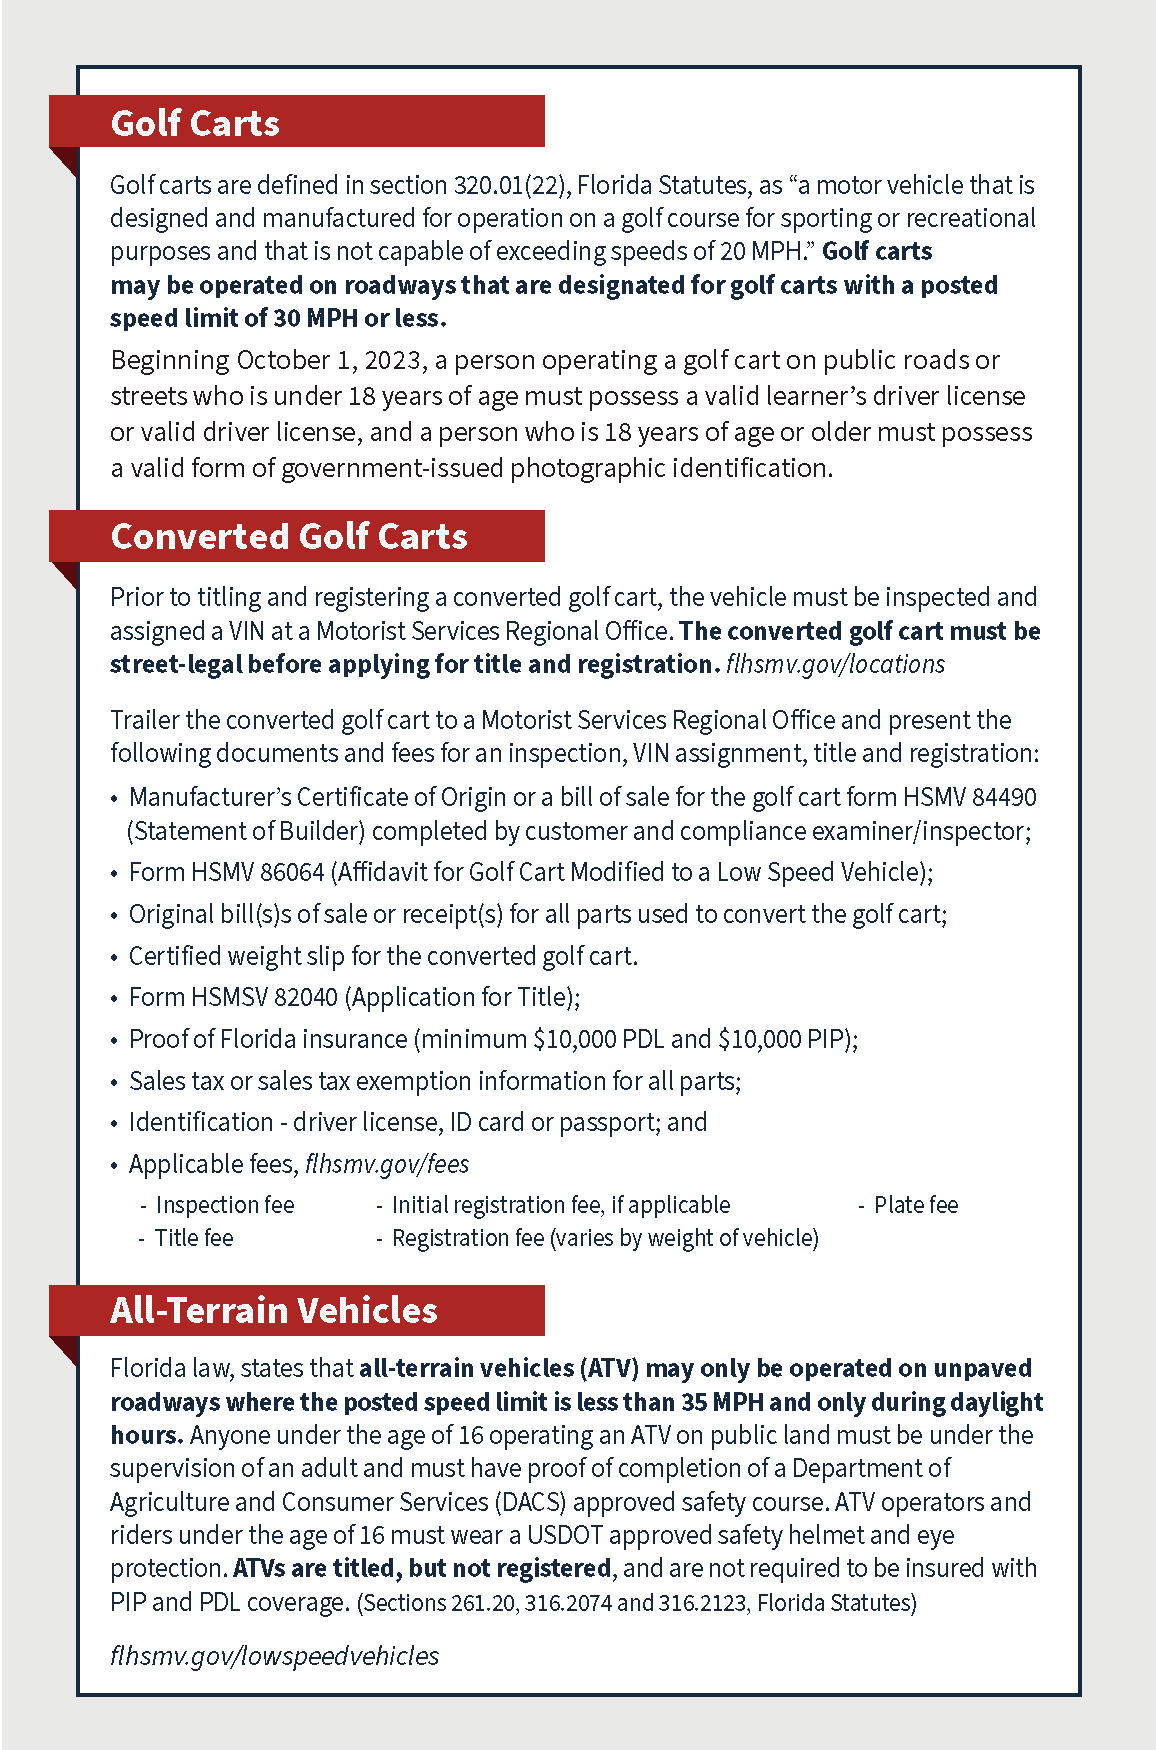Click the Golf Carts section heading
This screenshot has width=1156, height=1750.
(195, 123)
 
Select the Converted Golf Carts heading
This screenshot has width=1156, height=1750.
(289, 537)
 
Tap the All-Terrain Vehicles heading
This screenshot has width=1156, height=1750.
(274, 1311)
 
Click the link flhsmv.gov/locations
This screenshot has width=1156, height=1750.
(835, 665)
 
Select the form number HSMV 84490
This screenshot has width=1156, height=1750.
(969, 798)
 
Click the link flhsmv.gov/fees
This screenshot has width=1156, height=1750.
(387, 1165)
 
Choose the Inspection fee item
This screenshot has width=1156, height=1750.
(225, 1206)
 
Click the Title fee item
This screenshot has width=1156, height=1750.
(194, 1239)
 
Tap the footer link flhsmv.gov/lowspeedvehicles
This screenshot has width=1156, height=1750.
(275, 1657)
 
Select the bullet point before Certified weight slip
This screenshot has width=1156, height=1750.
(115, 958)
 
